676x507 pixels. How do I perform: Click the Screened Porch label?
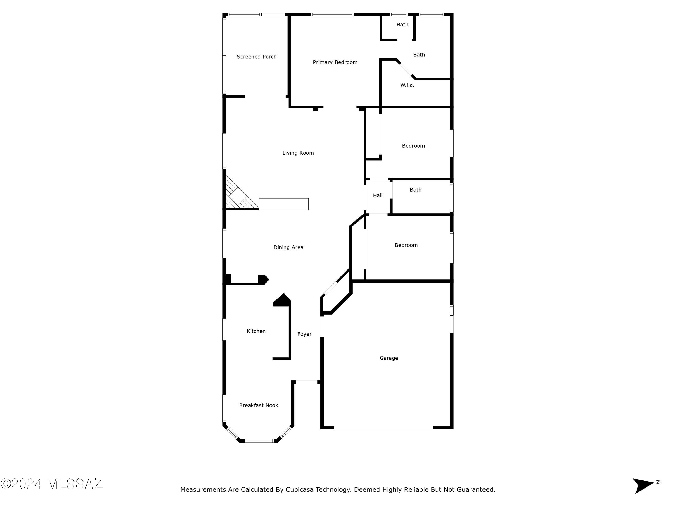pos(256,57)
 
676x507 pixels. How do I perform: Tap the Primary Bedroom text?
pos(335,62)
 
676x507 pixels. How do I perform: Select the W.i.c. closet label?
pos(407,85)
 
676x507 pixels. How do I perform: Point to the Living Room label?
pos(298,153)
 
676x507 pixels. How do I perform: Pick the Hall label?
pos(377,196)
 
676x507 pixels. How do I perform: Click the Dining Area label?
pos(288,247)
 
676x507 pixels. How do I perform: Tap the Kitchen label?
pos(256,331)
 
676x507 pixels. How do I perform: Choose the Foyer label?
pos(304,334)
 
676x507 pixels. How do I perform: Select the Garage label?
pos(389,358)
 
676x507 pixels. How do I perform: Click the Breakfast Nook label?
pos(258,405)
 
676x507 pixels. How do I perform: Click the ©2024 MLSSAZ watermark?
pos(51,484)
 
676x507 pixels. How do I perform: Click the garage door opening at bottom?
pos(383,427)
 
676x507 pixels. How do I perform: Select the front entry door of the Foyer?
pos(306,382)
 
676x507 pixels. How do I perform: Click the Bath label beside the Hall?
pos(415,190)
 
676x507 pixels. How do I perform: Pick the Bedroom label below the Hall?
pos(406,245)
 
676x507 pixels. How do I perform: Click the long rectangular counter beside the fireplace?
pos(284,204)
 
